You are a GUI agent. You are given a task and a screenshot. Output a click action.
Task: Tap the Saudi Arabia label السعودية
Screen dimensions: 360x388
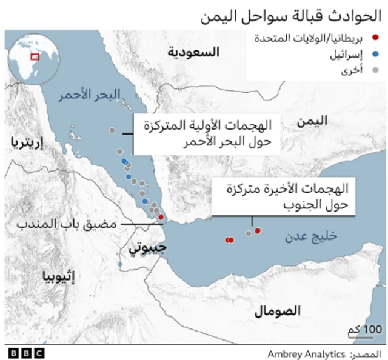coord(193,53)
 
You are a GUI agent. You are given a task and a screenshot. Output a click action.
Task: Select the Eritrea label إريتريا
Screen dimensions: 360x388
coord(27,142)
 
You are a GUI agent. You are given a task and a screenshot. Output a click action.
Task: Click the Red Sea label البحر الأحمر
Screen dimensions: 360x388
coord(90,95)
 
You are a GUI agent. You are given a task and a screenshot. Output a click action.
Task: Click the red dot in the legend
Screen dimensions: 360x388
coord(376,40)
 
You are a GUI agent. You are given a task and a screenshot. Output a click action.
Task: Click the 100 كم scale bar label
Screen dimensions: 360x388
coord(366,328)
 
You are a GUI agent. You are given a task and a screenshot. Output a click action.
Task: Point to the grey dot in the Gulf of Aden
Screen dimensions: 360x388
coord(248,233)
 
